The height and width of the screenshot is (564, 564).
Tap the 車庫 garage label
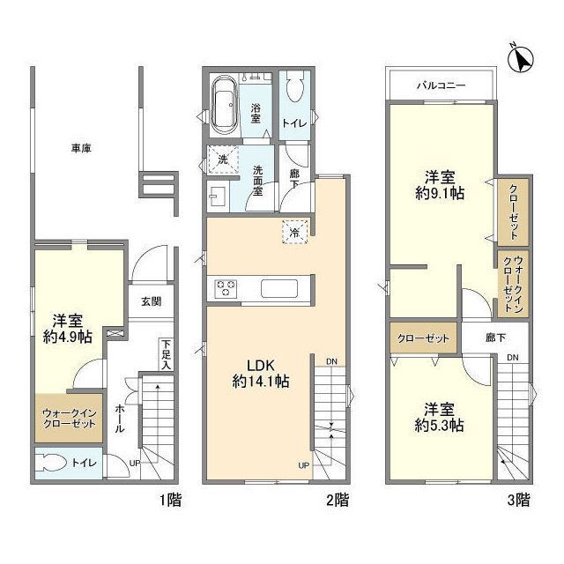coord(81,148)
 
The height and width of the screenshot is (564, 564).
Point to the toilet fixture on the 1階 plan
coord(50,463)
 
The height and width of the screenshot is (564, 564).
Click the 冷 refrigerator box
coord(295,233)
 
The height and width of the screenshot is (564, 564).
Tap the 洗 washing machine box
coord(223,160)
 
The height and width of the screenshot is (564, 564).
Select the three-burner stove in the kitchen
coord(226,289)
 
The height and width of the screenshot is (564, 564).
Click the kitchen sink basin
coord(279,288)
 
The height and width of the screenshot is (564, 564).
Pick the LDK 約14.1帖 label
coord(261,374)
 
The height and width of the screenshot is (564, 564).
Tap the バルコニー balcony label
coord(442,85)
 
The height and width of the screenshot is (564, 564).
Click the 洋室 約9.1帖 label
coord(440,186)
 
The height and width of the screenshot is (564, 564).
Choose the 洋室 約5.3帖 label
coord(439,418)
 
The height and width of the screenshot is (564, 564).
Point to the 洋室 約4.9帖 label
coord(68,329)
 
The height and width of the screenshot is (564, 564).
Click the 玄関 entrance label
coord(151,301)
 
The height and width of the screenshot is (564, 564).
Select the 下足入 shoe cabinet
coord(166,354)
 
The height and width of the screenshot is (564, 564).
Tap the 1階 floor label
coord(170,501)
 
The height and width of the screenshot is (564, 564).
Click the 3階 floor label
coord(519,500)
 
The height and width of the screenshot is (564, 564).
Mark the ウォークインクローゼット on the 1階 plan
coord(69,419)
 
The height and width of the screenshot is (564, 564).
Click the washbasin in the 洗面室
coord(218,197)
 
